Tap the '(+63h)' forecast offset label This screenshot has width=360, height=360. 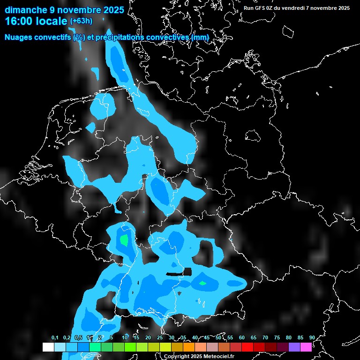81,21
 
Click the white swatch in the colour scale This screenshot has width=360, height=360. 48,347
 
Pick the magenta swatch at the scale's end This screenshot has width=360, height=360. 306,347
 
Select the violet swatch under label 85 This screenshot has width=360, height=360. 294,347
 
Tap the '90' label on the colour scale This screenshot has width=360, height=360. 312,337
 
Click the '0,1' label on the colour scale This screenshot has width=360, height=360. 55,337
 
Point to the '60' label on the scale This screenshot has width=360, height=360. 242,337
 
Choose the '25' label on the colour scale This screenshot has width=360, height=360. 160,337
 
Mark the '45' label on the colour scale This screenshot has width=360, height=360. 207,337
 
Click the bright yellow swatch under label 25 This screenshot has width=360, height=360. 165,347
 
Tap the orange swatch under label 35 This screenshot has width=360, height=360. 189,347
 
